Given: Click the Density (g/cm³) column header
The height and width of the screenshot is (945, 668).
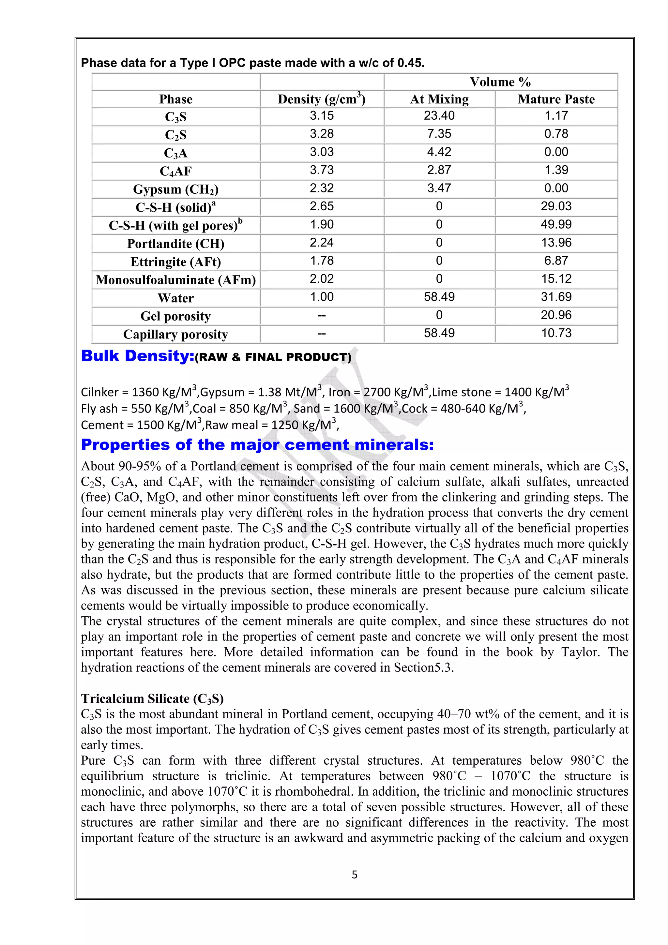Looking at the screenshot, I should pyautogui.click(x=322, y=99).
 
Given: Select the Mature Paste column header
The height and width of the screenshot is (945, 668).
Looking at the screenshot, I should pyautogui.click(x=556, y=99).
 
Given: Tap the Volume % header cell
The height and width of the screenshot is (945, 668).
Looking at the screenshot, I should pyautogui.click(x=500, y=82).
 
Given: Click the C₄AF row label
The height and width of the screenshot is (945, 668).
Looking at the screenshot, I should pyautogui.click(x=176, y=171).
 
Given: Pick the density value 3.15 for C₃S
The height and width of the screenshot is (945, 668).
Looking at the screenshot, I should pyautogui.click(x=322, y=116).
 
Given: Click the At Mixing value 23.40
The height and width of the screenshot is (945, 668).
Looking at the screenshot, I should pyautogui.click(x=439, y=116).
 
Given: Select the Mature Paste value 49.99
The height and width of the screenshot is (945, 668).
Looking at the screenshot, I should pyautogui.click(x=556, y=224).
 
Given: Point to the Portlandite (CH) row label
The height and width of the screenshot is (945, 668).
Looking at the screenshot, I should pyautogui.click(x=176, y=244).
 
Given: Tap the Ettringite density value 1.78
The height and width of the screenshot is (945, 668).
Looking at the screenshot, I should pyautogui.click(x=322, y=261).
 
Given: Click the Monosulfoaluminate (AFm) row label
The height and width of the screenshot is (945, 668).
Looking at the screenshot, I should pyautogui.click(x=176, y=280).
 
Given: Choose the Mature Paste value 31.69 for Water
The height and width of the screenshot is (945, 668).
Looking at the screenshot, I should pyautogui.click(x=556, y=297).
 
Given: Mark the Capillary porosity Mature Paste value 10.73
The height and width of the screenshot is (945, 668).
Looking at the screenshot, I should pyautogui.click(x=556, y=333).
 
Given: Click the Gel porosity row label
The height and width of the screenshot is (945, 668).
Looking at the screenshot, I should pyautogui.click(x=176, y=316).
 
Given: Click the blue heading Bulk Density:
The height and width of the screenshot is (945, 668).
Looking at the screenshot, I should pyautogui.click(x=137, y=356).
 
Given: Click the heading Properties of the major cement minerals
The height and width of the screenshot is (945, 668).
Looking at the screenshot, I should pyautogui.click(x=257, y=445).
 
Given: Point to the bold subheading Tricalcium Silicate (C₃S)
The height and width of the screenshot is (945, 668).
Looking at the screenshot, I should pyautogui.click(x=152, y=698).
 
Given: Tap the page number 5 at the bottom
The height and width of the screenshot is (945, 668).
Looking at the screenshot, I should pyautogui.click(x=354, y=875).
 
